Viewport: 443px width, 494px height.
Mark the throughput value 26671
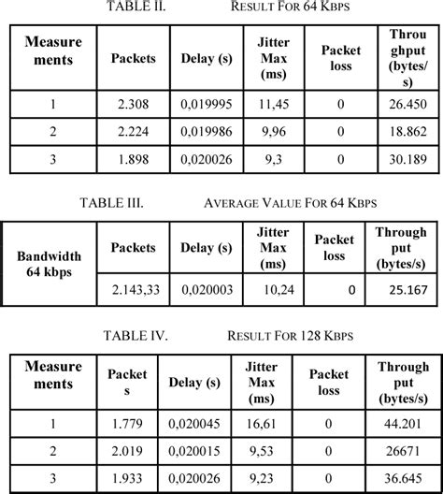point(408,452)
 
